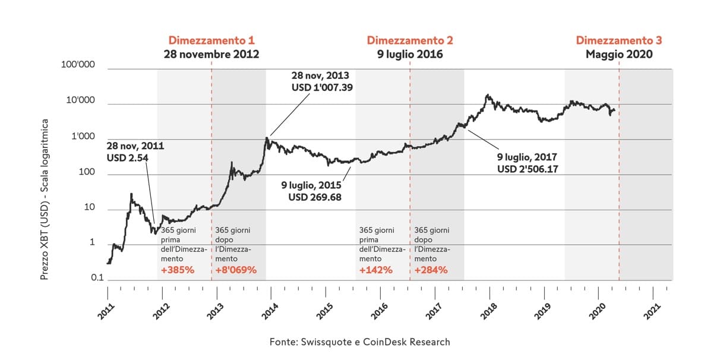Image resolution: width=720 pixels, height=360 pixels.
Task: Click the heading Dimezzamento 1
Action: pos(211,40)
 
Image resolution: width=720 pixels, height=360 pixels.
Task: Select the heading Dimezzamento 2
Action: pos(410,40)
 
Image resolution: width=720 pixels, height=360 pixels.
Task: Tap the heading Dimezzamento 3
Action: pos(618,40)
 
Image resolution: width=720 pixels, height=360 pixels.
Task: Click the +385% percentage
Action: pos(178,270)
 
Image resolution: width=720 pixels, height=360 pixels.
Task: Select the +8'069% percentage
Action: pos(235,270)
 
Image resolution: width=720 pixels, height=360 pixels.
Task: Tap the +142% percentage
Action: pos(376,270)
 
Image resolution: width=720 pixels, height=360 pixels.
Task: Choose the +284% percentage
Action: pos(431,270)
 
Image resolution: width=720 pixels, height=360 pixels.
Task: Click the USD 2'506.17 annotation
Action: pos(527,169)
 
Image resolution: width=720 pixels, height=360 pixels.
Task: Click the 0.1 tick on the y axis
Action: pos(88,277)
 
